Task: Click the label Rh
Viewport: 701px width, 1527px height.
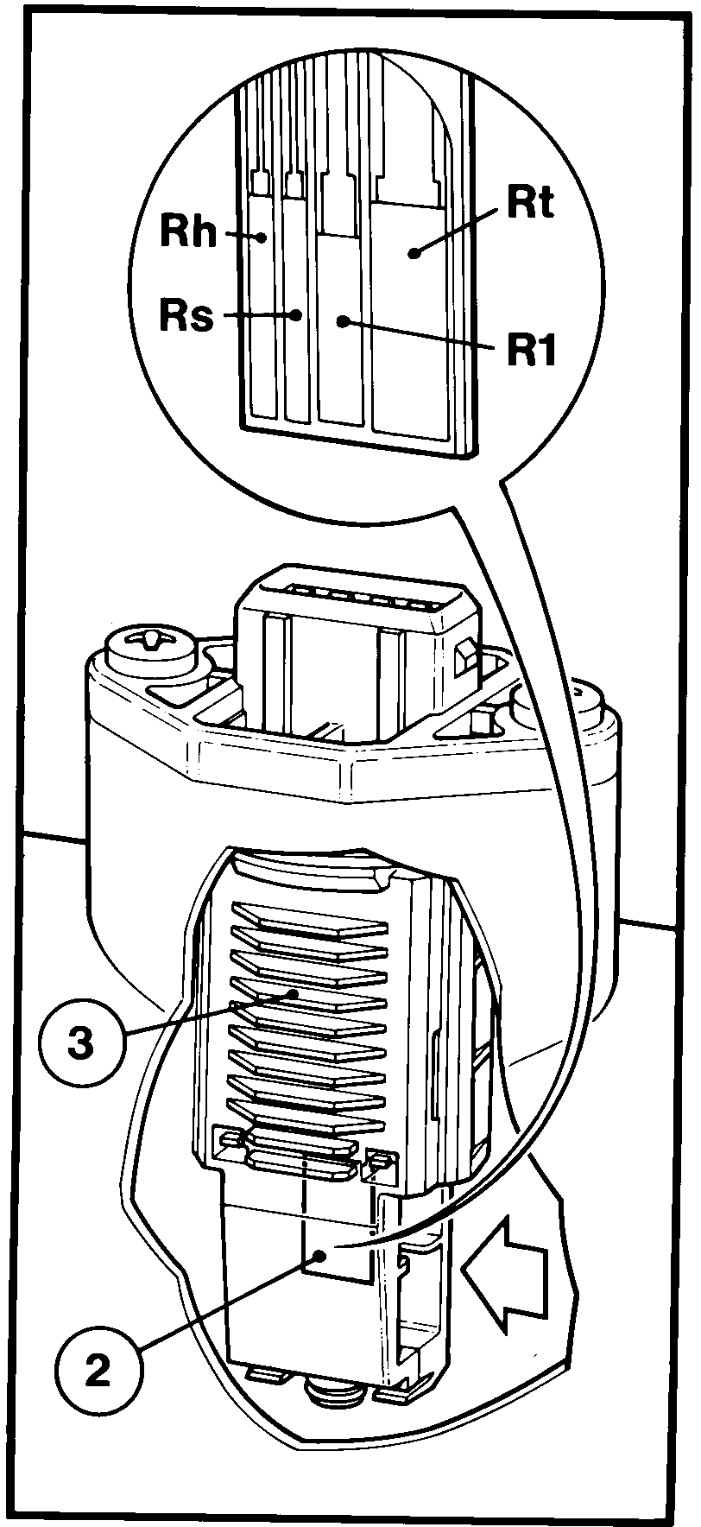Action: pos(188,231)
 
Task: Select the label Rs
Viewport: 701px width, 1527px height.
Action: pos(186,316)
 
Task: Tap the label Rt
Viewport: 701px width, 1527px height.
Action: pos(529,203)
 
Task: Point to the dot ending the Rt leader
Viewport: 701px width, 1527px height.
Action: pos(415,253)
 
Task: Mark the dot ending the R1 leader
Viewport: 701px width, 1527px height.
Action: pos(343,321)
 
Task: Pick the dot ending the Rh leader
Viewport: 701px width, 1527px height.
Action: pos(263,237)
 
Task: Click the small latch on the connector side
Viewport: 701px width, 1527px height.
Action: pos(464,659)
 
